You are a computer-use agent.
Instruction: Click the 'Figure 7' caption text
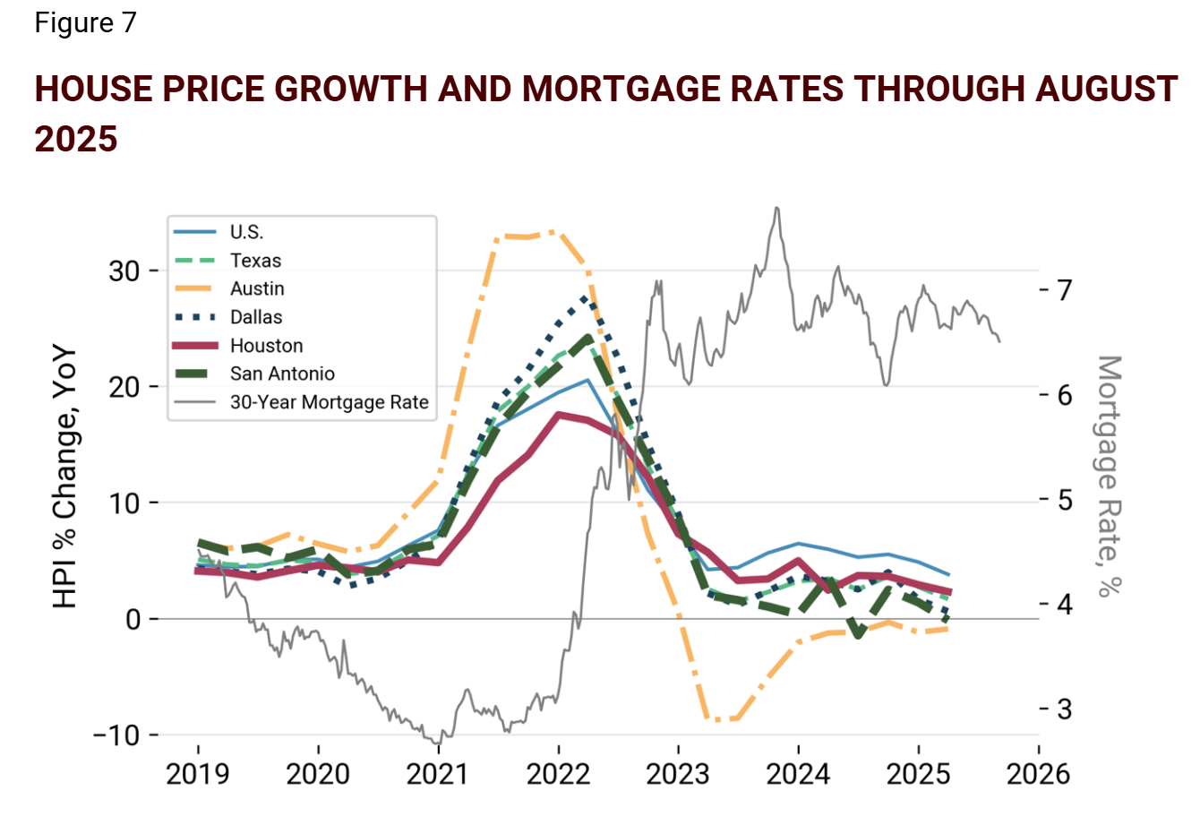tap(85, 23)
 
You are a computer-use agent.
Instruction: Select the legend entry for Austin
tap(257, 288)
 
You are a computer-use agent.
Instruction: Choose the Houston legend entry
tap(266, 346)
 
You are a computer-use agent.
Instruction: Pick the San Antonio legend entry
tap(282, 374)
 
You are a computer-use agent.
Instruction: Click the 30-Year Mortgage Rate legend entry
tap(329, 403)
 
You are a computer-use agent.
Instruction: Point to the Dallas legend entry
tap(256, 317)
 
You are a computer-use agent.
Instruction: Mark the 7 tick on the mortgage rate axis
tap(1064, 290)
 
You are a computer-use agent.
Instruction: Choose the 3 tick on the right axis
tap(1064, 709)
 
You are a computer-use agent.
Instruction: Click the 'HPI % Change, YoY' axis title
tap(65, 479)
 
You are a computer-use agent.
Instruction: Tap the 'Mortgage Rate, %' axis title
tap(1109, 476)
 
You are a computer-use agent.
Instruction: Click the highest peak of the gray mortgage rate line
tap(776, 208)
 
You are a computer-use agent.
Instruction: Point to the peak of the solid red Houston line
tap(558, 414)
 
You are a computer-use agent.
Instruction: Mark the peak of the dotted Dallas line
tap(587, 296)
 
